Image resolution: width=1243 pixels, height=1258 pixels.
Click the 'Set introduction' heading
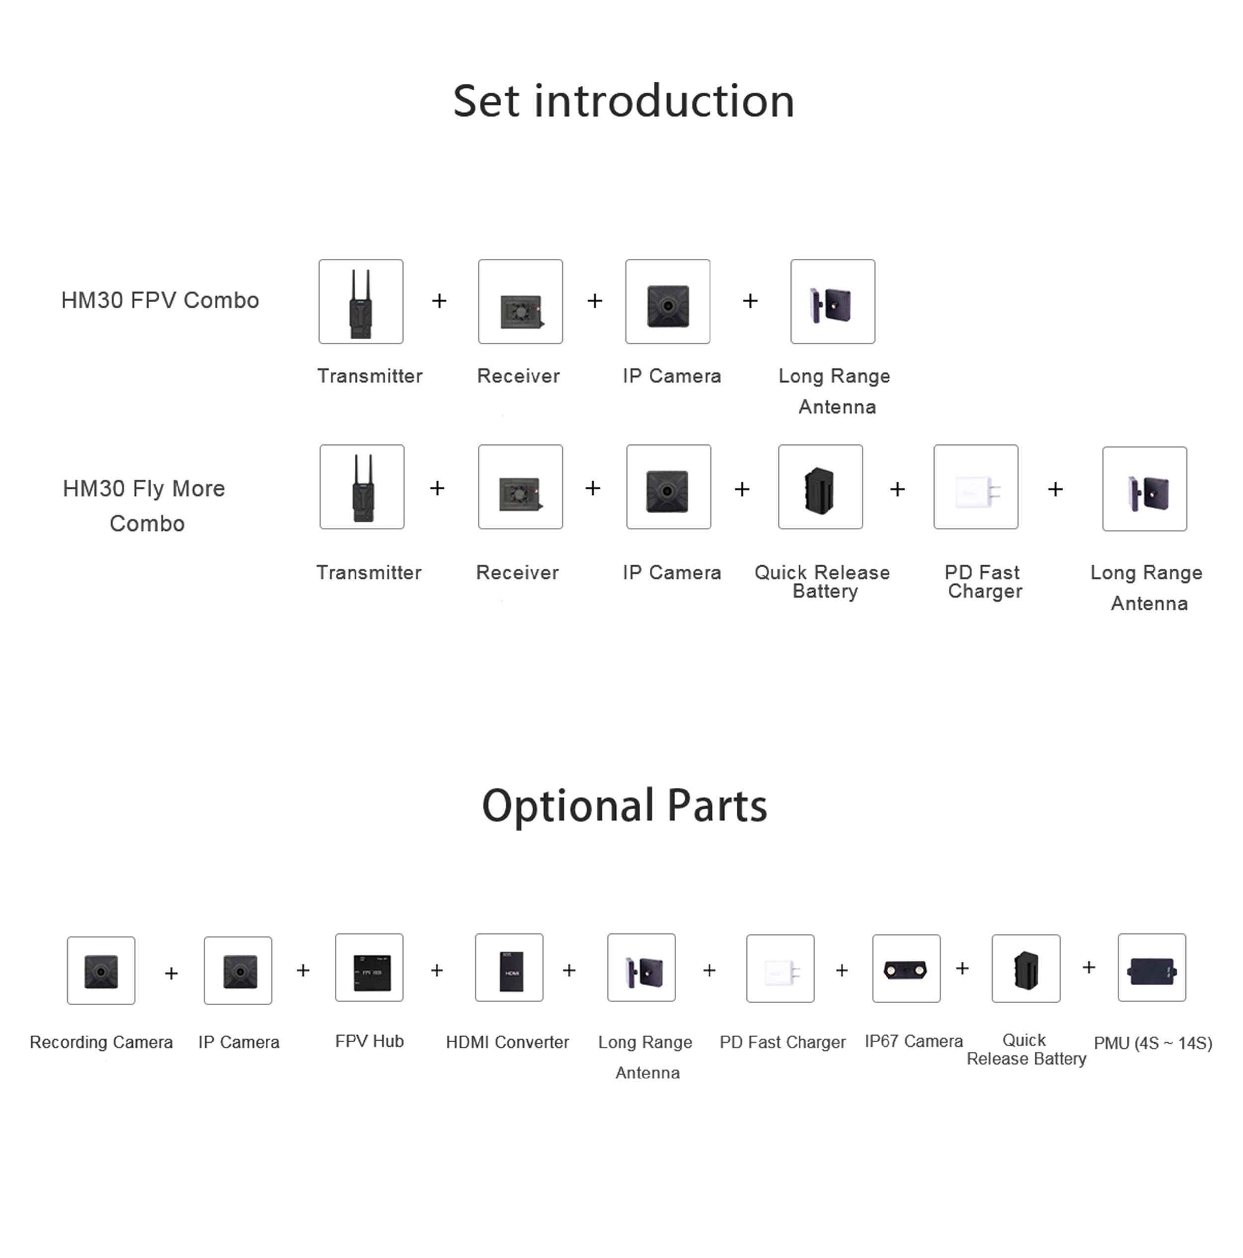point(623,101)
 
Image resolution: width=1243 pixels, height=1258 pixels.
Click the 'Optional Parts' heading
point(624,806)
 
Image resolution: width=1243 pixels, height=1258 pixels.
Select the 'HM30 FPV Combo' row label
point(160,300)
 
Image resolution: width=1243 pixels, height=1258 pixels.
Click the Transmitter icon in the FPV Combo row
point(361,301)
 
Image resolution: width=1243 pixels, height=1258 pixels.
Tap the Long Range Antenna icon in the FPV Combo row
point(832,301)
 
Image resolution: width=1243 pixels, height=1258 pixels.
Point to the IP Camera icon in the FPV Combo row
point(667,301)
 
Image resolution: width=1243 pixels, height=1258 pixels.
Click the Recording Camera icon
point(101,970)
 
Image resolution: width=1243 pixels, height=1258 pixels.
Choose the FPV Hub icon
point(369,968)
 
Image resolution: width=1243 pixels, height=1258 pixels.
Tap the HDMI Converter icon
point(509,968)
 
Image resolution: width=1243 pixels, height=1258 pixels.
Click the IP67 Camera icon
point(906,968)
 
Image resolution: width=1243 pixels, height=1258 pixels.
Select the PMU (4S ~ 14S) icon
point(1151,968)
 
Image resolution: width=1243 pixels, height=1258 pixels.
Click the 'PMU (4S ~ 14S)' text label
point(1153,1043)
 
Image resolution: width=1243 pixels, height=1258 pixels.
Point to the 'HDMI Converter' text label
point(507,1042)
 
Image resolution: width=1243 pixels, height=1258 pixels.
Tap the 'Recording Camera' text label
point(101,1042)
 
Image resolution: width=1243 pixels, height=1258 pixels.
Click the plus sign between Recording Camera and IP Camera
point(171,973)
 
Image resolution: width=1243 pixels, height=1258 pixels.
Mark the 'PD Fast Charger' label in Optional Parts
point(782,1042)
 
